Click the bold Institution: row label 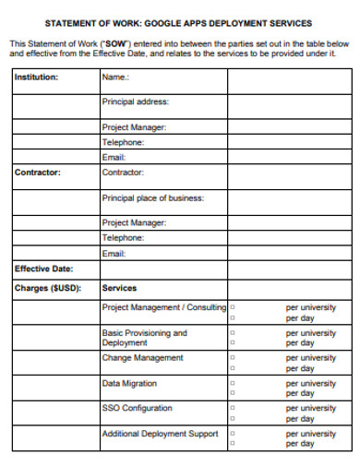[x=36, y=78]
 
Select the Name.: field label [x=115, y=78]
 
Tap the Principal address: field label [x=135, y=102]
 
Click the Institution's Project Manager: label [x=134, y=127]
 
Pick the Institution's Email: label [x=114, y=158]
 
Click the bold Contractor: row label [x=38, y=173]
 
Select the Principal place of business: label [x=152, y=197]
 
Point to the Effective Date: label [x=43, y=269]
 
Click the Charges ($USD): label [x=47, y=288]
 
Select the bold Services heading [x=119, y=288]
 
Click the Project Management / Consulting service [x=163, y=307]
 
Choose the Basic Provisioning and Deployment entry [x=144, y=338]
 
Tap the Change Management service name [x=142, y=358]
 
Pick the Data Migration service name [x=129, y=383]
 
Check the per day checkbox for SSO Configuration [x=232, y=418]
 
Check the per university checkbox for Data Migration [x=232, y=383]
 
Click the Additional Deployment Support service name [x=160, y=434]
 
